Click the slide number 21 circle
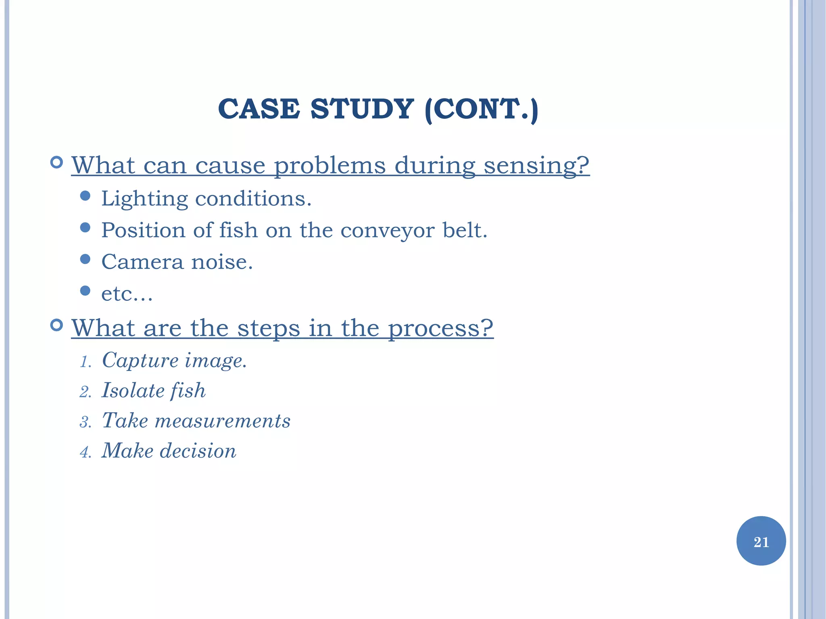coord(761,541)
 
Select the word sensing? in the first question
coord(536,165)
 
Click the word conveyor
coord(387,230)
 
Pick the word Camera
coord(142,262)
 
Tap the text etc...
coord(127,294)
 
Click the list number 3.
coord(85,422)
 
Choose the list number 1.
coord(85,362)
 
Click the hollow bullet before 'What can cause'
coord(57,163)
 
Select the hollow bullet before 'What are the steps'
coord(57,325)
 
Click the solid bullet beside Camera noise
coord(85,259)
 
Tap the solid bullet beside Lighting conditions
coord(85,196)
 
